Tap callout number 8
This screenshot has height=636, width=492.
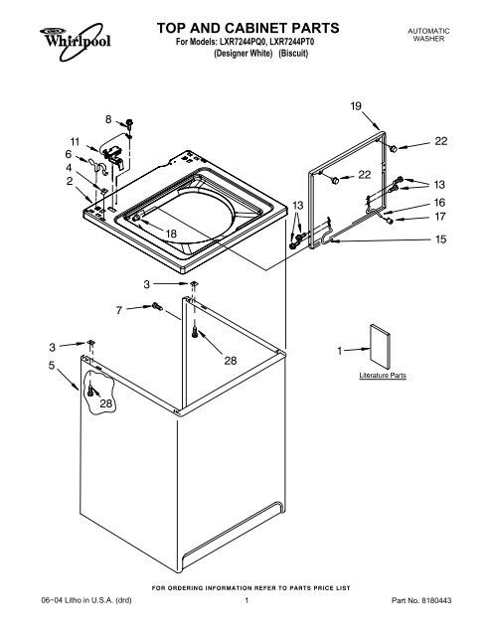click(x=108, y=120)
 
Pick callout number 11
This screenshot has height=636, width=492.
click(x=75, y=140)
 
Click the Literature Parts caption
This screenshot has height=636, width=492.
click(x=382, y=377)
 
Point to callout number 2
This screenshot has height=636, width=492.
click(x=69, y=182)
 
